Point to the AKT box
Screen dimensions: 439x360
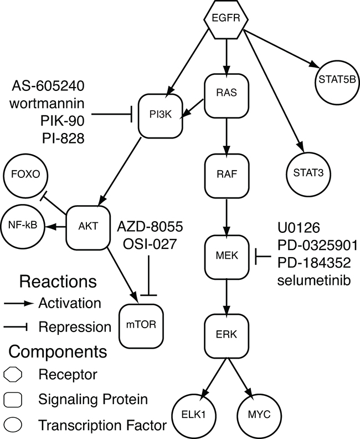click(86, 227)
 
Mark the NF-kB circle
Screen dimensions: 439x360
click(23, 227)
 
